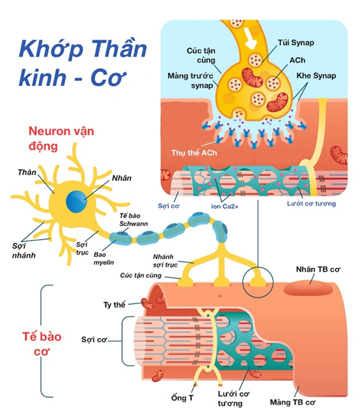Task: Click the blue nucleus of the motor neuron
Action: pyautogui.click(x=77, y=199)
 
